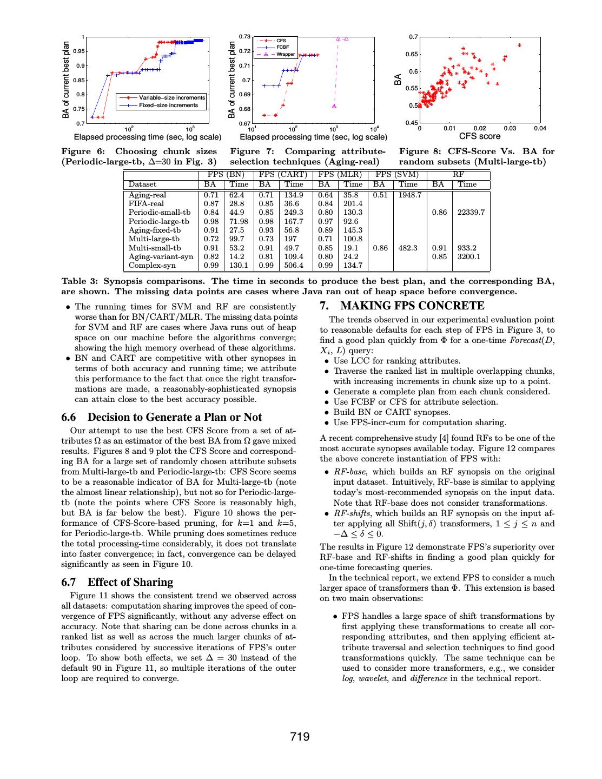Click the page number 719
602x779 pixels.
point(300,736)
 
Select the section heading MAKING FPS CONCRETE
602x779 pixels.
point(412,306)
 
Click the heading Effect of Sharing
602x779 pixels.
point(130,582)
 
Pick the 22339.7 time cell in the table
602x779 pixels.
point(471,213)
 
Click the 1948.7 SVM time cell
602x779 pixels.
point(409,195)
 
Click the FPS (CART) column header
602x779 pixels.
point(283,175)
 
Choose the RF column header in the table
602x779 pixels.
point(458,175)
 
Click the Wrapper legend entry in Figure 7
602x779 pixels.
point(286,55)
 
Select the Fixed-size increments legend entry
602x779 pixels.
point(168,105)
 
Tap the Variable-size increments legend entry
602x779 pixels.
point(172,98)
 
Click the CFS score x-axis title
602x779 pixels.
point(480,136)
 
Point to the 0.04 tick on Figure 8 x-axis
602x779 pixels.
point(540,128)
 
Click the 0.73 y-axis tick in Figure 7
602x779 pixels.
point(245,37)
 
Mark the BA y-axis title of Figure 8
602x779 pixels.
point(398,80)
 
